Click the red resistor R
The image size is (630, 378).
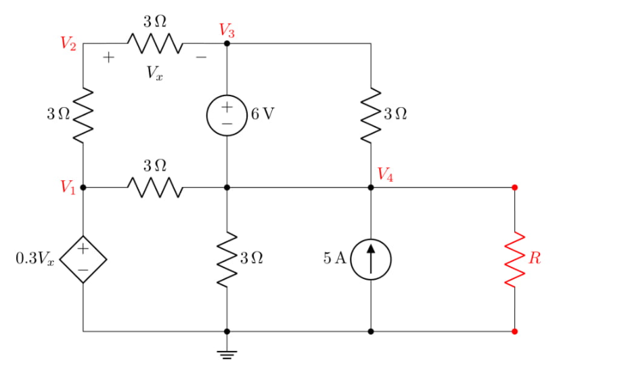tap(515, 259)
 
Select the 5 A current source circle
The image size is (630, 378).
tap(371, 259)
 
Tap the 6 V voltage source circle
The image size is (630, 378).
tap(227, 114)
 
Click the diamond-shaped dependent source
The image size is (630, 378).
tap(83, 259)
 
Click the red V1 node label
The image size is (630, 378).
tap(67, 187)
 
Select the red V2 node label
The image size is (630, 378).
tap(67, 44)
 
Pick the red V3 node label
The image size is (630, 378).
tap(227, 30)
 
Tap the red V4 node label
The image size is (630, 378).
tap(386, 175)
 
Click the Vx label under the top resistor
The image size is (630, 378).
tap(155, 73)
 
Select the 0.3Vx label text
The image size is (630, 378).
tap(35, 259)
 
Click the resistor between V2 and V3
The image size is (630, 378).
tap(155, 44)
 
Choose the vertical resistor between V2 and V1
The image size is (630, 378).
tap(83, 114)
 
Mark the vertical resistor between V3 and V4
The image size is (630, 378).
tap(371, 114)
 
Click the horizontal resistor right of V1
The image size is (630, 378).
tap(155, 187)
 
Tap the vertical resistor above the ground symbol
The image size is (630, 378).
tap(227, 259)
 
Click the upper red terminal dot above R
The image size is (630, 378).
tap(515, 187)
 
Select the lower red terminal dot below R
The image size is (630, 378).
tap(515, 332)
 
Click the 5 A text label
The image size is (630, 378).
tap(334, 258)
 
